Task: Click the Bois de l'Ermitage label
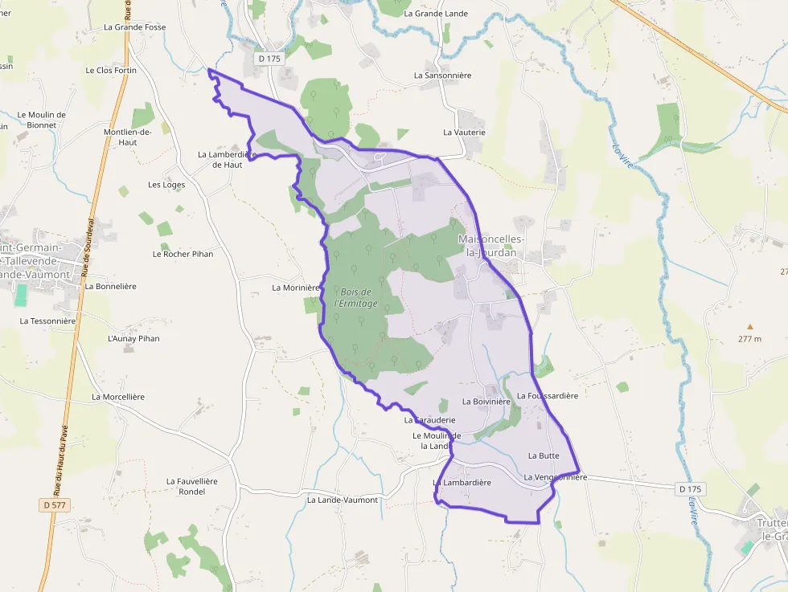pos(355,297)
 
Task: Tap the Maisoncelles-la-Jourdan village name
pos(490,246)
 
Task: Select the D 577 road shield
pos(55,504)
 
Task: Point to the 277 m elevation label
pos(749,339)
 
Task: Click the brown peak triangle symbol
pos(749,327)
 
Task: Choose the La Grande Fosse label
pos(135,27)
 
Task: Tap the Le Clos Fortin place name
pos(111,70)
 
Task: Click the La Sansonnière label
pos(442,75)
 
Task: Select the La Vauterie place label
pos(464,132)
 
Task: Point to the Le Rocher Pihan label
pos(183,254)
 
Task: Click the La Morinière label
pos(296,287)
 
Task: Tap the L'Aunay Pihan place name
pos(133,338)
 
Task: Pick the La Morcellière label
pos(117,396)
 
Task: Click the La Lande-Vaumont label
pos(342,500)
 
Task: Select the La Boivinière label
pos(486,401)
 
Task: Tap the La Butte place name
pos(543,455)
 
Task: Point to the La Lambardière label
pos(462,483)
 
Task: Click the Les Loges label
pos(166,185)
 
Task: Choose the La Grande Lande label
pos(436,14)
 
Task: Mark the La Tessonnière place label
pos(47,320)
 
